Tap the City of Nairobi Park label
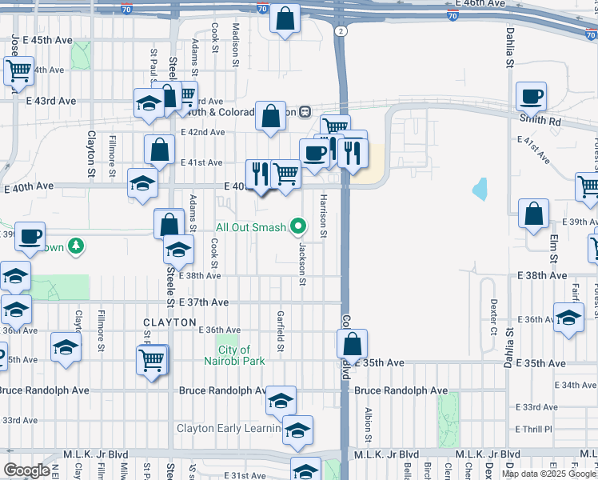tap(233, 355)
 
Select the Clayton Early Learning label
tap(229, 428)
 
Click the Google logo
tap(26, 470)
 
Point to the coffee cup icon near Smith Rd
tap(531, 98)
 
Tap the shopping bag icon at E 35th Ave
tap(352, 345)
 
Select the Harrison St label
tap(324, 216)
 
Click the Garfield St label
tap(281, 330)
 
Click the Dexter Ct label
tap(493, 317)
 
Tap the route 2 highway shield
tap(341, 30)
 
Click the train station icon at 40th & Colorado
tap(305, 112)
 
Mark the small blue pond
tap(480, 189)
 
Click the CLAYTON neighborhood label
tap(169, 322)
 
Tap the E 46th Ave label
tap(485, 3)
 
